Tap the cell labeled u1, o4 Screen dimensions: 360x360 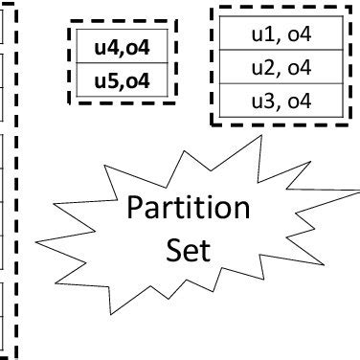tap(281, 35)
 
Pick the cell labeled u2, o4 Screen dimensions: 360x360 tap(281, 67)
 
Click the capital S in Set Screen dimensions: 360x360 tap(172, 251)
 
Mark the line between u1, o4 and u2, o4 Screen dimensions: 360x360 tap(281, 52)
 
